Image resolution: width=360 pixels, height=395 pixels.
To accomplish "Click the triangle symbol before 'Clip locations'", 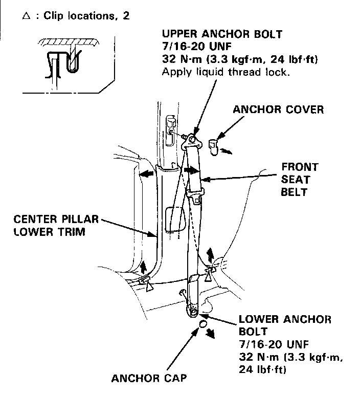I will coord(26,15).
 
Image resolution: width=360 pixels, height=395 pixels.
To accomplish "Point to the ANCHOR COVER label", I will coord(278,109).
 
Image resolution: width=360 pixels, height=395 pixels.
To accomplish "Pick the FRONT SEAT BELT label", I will coord(301,179).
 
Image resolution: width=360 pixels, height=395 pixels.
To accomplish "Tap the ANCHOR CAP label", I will coord(149,379).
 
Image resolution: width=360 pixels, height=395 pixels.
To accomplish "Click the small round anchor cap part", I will coord(202,324).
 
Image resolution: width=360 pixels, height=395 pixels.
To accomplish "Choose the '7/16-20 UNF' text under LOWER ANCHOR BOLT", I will coord(271,343).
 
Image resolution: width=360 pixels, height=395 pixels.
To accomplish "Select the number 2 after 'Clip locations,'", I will coord(126,15).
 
